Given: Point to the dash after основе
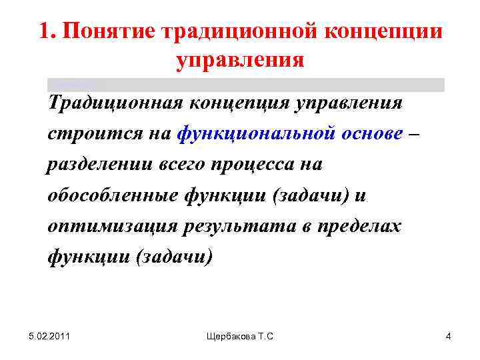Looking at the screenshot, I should click(416, 133).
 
